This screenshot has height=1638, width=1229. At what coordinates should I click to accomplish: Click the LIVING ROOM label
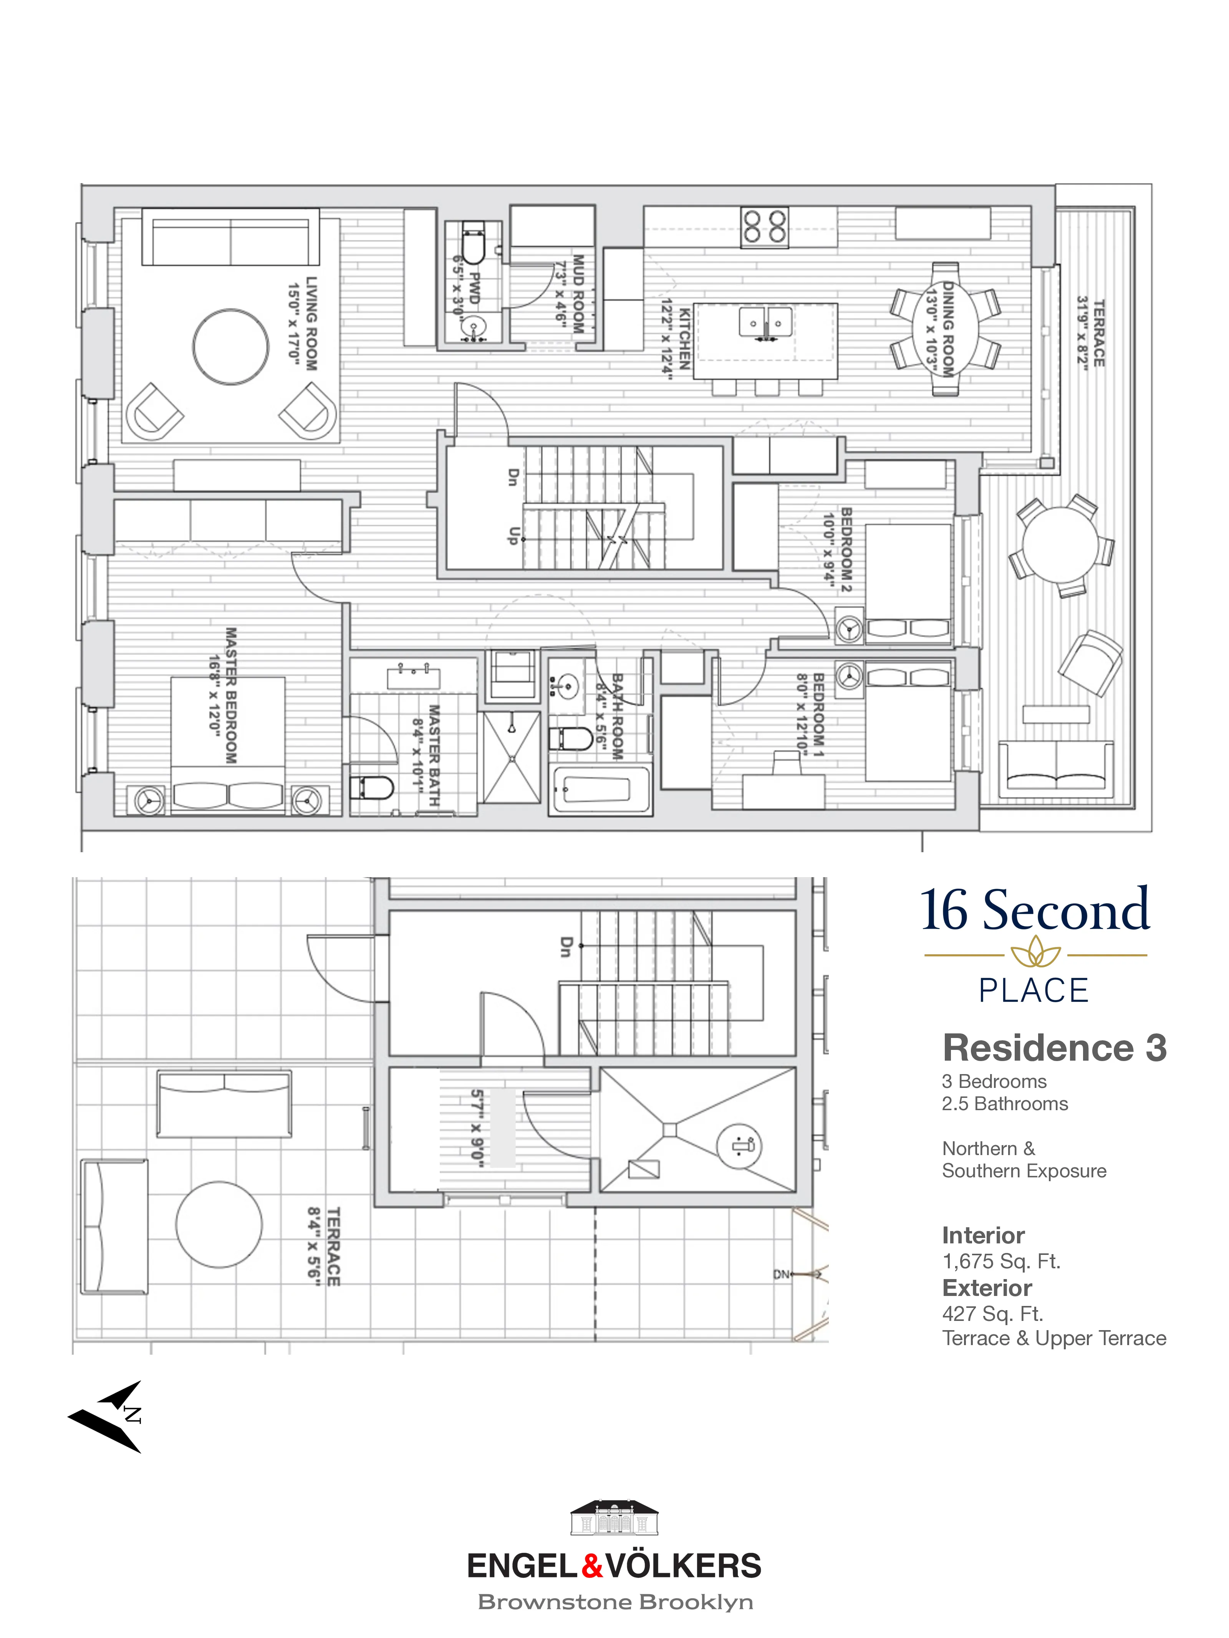311,324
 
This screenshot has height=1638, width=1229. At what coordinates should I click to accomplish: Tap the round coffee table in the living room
230,347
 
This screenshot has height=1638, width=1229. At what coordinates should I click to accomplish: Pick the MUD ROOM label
578,294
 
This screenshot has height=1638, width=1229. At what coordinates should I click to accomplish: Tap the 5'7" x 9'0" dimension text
477,1128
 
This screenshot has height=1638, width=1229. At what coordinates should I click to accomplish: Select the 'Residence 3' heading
1053,1048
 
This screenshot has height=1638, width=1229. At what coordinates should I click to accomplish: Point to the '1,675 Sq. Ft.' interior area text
1001,1261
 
